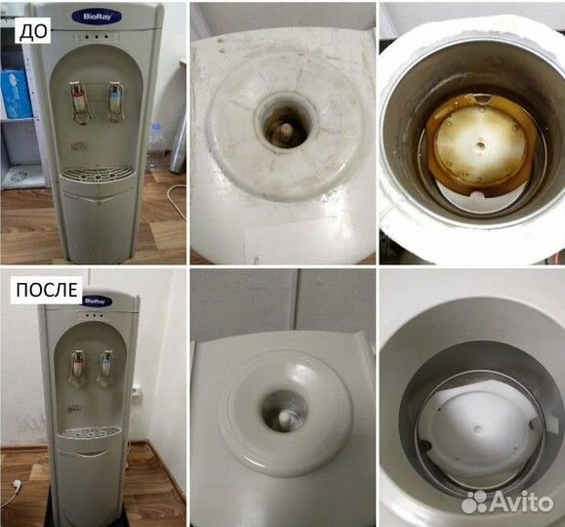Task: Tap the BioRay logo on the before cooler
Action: click(x=89, y=18)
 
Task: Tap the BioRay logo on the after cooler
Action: click(x=95, y=301)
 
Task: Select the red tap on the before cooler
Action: click(x=78, y=97)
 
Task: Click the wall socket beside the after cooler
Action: click(x=138, y=390)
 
